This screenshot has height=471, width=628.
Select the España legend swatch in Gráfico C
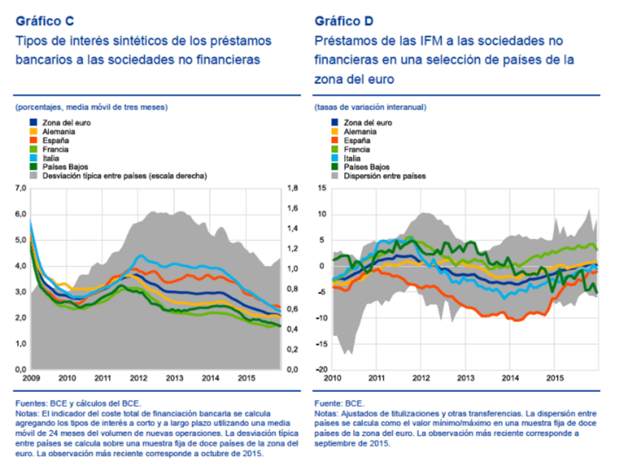(x=34, y=140)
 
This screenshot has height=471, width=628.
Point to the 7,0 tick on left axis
(x=21, y=189)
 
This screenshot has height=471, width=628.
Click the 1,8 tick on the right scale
(x=292, y=189)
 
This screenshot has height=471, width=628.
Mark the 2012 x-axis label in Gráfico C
(x=138, y=378)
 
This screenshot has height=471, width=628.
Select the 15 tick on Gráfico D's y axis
(x=321, y=189)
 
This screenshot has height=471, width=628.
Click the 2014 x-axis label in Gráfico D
(x=511, y=378)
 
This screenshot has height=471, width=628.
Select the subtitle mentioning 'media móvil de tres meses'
(x=91, y=107)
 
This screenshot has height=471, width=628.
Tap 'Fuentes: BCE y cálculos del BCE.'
(x=76, y=404)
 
